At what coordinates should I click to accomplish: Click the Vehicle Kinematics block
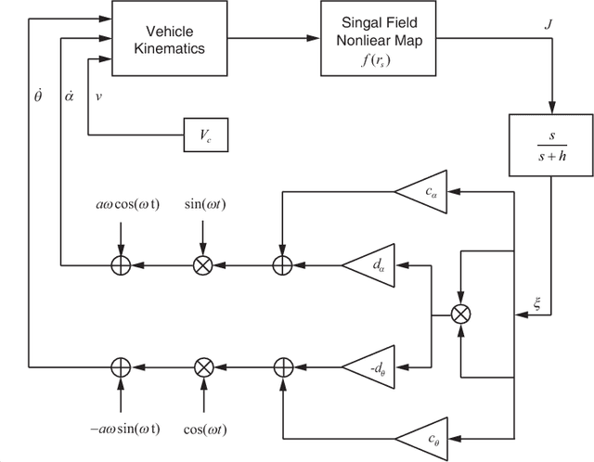[170, 37]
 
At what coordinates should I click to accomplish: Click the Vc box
[205, 135]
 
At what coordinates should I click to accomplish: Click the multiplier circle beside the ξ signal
[459, 315]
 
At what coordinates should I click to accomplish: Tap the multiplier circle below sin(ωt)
[203, 265]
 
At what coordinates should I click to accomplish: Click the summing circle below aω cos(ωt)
[120, 265]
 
